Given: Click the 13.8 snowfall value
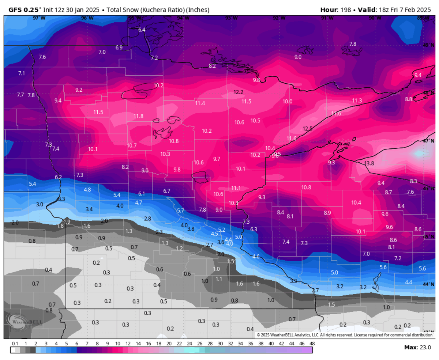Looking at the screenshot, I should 369,163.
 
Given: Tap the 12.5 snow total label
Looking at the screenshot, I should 308,129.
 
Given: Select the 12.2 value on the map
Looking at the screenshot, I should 238,92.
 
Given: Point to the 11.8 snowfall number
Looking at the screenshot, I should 138,116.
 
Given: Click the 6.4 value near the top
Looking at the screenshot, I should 142,30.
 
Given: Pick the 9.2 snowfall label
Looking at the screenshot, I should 79,90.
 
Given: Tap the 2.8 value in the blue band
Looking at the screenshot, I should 147,219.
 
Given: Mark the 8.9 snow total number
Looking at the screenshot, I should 327,213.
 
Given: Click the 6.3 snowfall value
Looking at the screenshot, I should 254,229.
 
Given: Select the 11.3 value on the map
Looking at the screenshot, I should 357,101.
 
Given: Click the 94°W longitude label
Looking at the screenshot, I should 183,18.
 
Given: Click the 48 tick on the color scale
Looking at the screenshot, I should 312,344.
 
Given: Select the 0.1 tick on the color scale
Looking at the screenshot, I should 15,344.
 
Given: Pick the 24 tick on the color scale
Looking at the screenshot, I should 189,344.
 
